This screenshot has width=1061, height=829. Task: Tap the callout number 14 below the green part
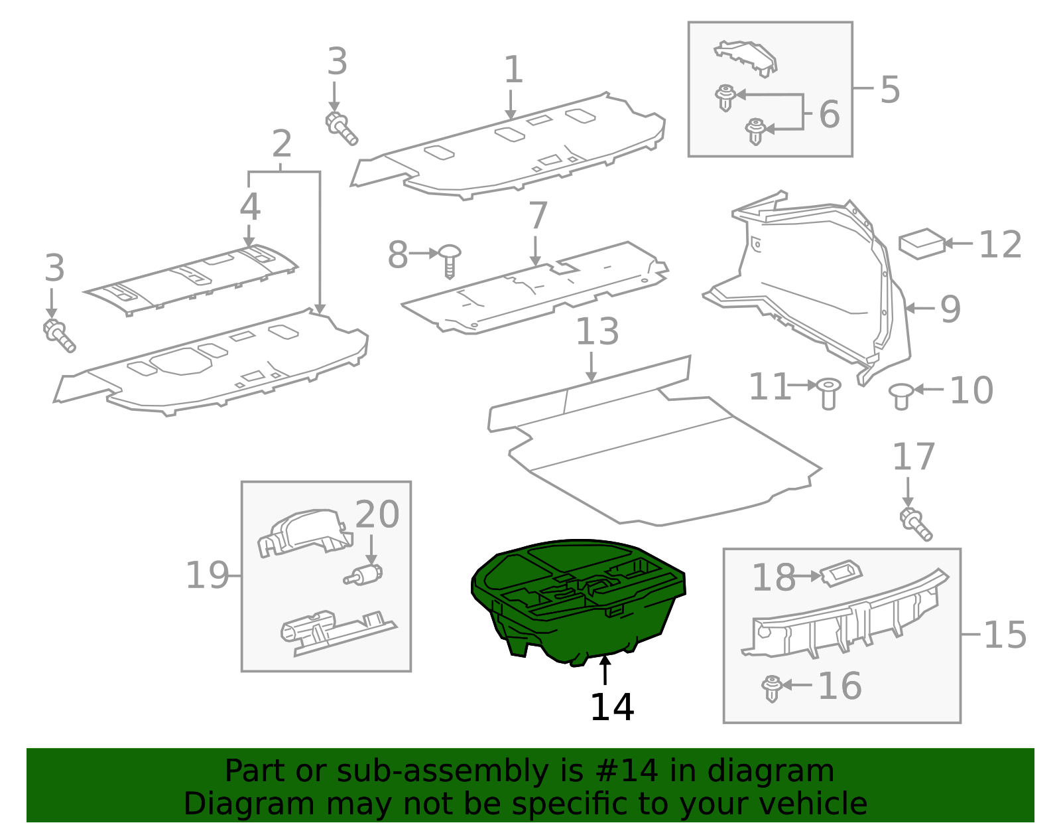click(611, 708)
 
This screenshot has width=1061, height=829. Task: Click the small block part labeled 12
click(921, 244)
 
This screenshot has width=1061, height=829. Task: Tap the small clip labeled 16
click(771, 688)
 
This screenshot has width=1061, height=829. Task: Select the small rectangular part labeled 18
click(841, 573)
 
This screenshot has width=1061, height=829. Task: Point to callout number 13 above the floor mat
click(597, 332)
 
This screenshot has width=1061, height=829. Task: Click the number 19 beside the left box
click(206, 575)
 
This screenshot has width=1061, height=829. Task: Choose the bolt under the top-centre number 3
click(342, 128)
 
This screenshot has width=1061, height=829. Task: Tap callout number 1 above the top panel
click(513, 70)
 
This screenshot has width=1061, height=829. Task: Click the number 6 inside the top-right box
click(829, 114)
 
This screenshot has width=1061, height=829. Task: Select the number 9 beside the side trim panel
click(950, 309)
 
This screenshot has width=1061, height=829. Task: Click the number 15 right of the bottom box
click(1005, 635)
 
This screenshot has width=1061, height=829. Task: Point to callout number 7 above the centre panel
click(538, 216)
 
